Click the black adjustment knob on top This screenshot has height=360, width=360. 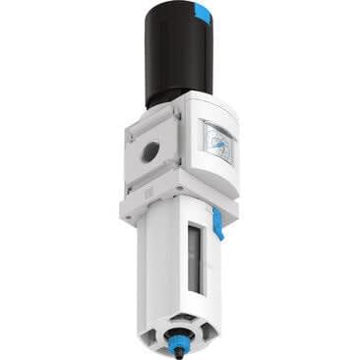coord(173,59)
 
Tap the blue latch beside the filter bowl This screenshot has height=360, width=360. coord(218,232)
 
